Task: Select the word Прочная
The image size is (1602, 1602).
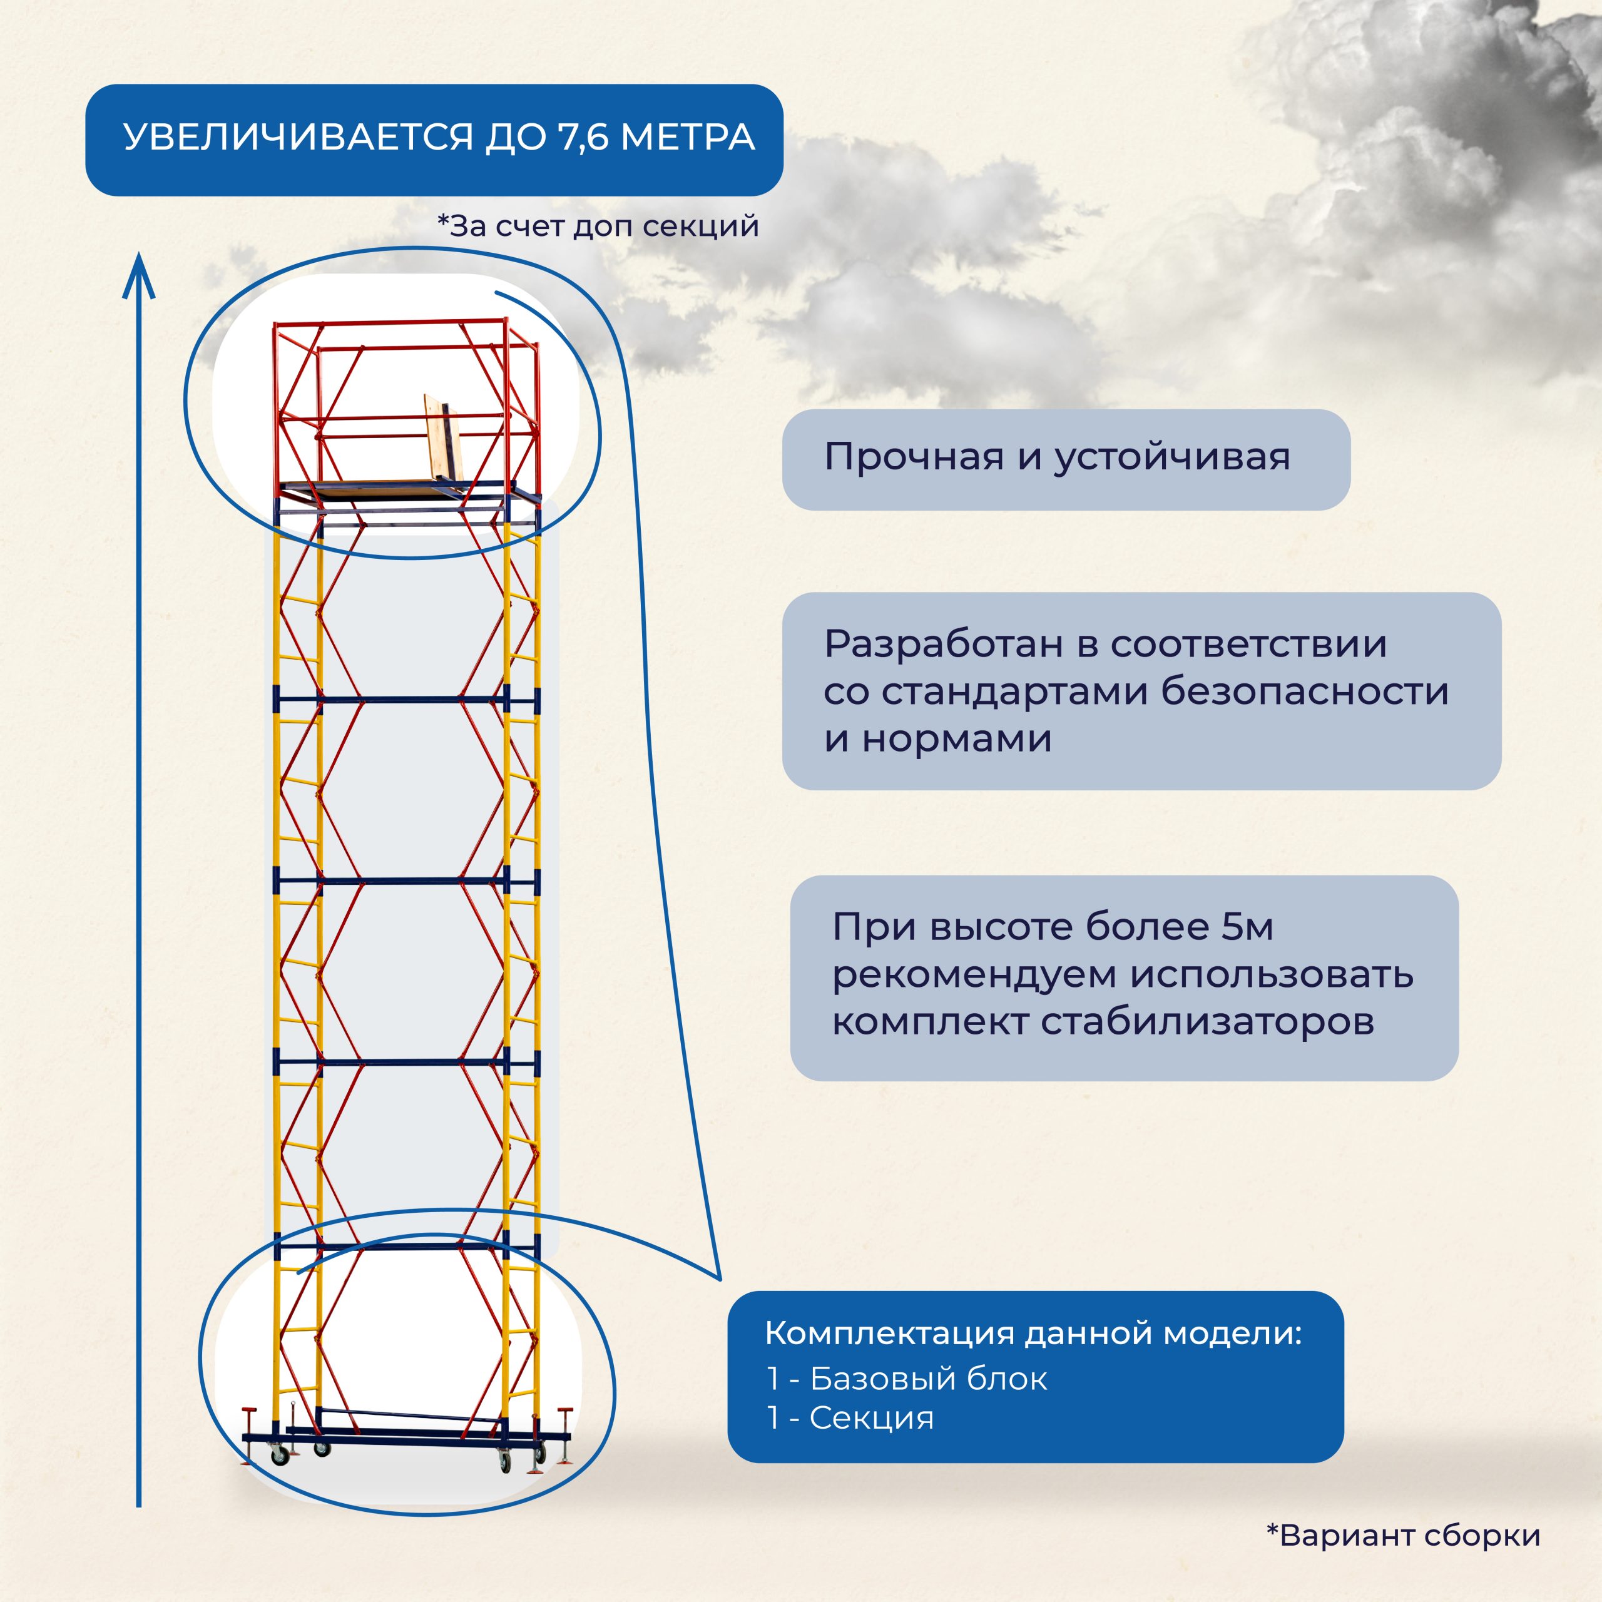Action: point(913,457)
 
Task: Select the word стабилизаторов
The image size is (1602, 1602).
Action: point(1207,1021)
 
